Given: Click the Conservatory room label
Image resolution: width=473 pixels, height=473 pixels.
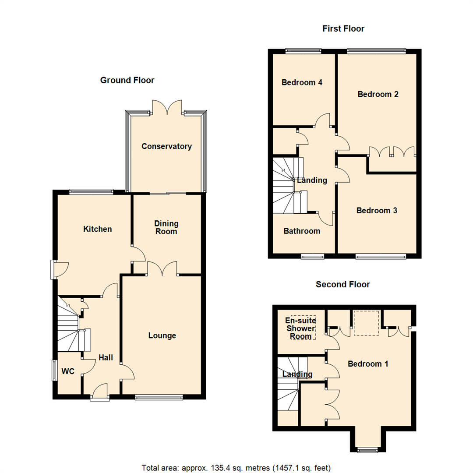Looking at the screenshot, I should coord(166,146).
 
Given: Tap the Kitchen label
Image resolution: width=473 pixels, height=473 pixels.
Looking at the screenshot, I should coord(98,229).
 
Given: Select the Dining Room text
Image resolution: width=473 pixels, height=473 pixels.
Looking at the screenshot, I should coord(166,227).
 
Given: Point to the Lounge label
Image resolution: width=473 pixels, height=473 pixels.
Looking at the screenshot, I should coord(162,335).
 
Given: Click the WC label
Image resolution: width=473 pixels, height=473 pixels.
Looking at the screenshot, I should coord(68,371).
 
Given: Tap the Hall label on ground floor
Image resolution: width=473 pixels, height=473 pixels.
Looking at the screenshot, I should coord(106,357).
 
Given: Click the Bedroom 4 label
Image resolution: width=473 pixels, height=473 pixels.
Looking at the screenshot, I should coord(302,82).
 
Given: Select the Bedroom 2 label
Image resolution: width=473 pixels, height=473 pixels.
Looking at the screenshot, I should coord(378,94).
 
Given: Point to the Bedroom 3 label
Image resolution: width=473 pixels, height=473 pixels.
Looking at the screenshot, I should coord(377,210).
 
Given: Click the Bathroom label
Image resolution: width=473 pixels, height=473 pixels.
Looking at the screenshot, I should coord(301,231).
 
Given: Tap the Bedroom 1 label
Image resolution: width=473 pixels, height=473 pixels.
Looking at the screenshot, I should coord(368,364).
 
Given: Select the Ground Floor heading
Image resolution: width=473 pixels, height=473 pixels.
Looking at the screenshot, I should coord(127,80).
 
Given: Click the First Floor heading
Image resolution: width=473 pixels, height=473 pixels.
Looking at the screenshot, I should coord(343,29).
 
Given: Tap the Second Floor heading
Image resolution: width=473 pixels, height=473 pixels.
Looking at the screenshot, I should coord(343,284).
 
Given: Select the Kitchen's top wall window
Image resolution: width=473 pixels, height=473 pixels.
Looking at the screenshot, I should coord(91,191).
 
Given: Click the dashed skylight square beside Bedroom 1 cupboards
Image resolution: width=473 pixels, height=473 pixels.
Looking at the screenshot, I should coord(366,323).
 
